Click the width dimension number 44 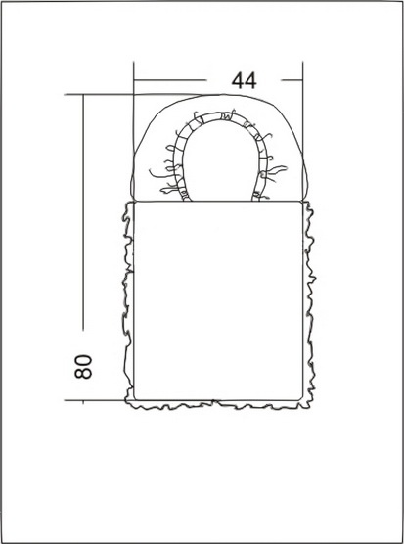245,80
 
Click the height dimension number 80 83,366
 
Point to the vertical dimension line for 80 83,212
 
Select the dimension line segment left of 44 170,80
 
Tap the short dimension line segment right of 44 292,80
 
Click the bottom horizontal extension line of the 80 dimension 96,400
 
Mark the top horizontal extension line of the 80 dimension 132,94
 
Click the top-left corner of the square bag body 134,202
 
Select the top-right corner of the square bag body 302,202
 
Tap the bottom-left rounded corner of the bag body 135,399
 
